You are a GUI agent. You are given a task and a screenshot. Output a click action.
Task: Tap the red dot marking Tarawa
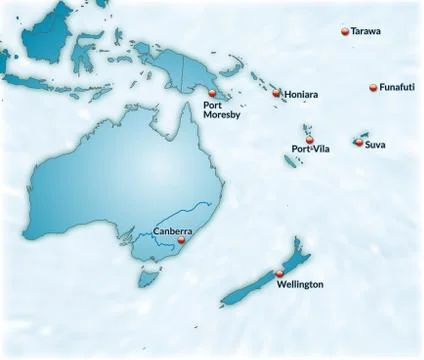point(345,32)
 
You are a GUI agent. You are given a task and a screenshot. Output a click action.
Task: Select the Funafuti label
point(399,88)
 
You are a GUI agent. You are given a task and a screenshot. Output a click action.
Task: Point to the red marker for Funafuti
point(374,88)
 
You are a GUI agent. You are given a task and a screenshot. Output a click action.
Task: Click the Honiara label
point(301,94)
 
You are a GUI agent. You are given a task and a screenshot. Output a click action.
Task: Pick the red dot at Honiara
point(277,93)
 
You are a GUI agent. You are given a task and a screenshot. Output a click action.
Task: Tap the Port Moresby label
point(220,109)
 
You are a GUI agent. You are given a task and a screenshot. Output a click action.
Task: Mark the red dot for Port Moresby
point(211,94)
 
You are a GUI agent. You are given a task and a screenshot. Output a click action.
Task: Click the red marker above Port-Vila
point(310,139)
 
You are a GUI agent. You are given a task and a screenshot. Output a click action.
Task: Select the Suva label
point(375,145)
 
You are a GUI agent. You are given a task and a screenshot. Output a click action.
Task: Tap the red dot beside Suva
point(358,142)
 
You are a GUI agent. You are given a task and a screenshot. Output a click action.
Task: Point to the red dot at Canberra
point(181,240)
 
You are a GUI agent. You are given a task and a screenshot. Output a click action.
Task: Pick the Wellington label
point(300,285)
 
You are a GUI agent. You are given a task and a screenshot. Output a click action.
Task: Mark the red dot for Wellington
point(279,274)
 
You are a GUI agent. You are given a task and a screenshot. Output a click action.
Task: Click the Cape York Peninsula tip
point(184,108)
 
